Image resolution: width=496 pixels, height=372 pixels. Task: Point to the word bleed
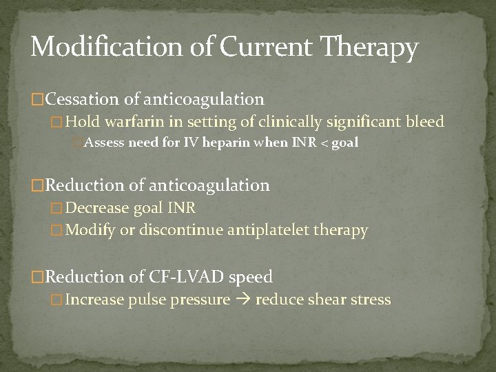coord(426,123)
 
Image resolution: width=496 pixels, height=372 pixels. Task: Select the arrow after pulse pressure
coord(243,300)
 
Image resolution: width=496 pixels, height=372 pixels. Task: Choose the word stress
coord(373,300)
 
